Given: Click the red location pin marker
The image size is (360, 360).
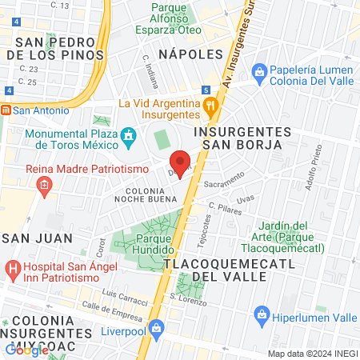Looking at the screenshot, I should click(x=181, y=163).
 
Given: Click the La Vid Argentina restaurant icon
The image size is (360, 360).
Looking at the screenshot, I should click(x=210, y=104).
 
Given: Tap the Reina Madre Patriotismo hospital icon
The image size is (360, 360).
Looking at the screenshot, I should click(x=43, y=186).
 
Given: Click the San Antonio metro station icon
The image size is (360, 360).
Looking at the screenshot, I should click(x=6, y=110).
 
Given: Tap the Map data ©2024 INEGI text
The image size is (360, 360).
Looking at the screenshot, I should click(x=310, y=354).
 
